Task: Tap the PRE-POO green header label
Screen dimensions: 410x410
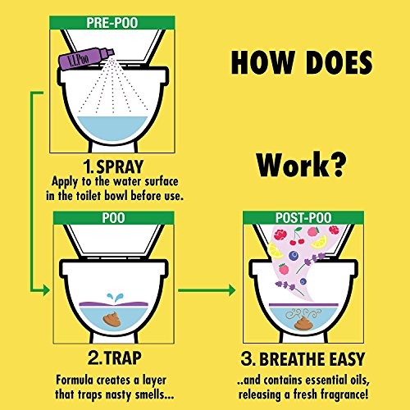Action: coord(112,23)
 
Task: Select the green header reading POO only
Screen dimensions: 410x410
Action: coord(113,218)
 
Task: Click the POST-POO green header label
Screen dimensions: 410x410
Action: coord(303,218)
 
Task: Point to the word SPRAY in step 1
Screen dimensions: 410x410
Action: coord(120,166)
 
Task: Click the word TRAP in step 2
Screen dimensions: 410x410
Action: coord(123,358)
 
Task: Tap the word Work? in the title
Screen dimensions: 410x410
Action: coord(301,165)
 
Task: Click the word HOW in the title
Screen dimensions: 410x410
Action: coord(262,62)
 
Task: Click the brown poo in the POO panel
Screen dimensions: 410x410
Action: coord(112,320)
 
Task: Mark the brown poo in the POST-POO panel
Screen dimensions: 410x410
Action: coord(303,323)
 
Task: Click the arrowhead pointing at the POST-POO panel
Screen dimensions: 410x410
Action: coord(232,290)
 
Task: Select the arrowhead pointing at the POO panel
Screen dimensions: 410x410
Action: coord(47,290)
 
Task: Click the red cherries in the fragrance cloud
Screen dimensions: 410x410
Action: coord(297,239)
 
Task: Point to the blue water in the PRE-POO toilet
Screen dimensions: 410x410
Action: coord(112,129)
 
